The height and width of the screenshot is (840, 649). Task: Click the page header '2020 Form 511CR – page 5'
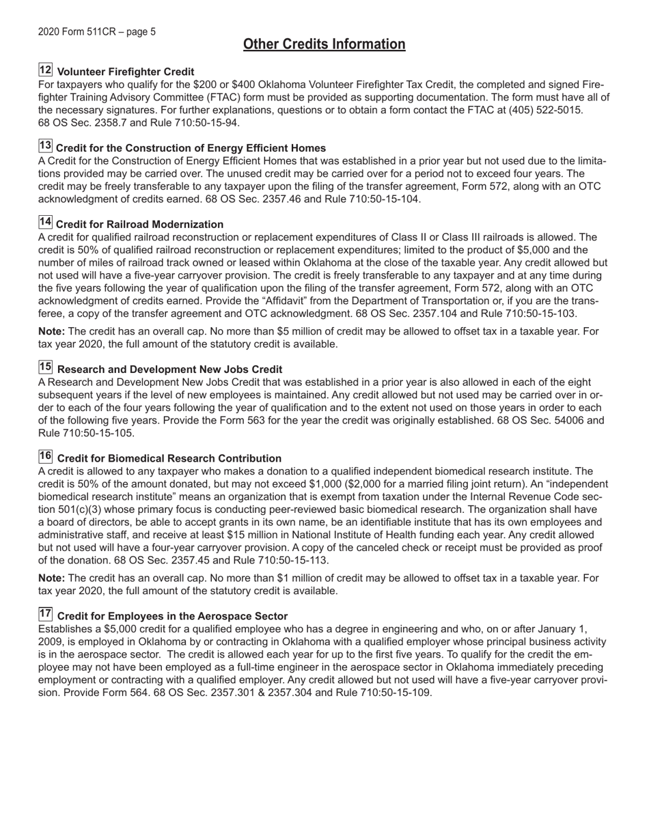coord(97,31)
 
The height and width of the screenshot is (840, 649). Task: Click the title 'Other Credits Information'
coord(324,44)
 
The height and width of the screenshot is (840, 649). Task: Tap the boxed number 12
coord(45,70)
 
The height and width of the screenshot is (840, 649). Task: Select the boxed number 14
coord(45,223)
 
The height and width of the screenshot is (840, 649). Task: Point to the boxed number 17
coord(45,614)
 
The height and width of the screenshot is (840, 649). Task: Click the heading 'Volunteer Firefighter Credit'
coord(126,72)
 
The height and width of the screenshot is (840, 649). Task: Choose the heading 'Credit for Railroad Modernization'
coord(139,225)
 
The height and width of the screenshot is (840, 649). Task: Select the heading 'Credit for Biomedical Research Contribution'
coord(169,458)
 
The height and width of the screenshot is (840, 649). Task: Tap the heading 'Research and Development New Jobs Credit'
coord(169,369)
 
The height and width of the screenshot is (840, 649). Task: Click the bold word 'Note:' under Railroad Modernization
coord(52,331)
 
